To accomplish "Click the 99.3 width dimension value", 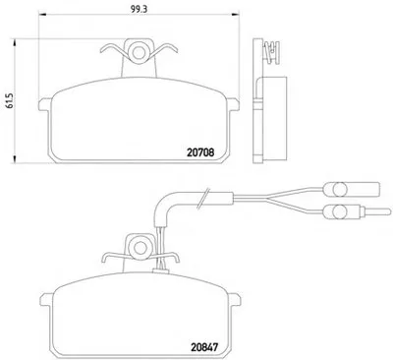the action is pos(139,9).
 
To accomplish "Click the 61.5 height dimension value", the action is pos(9,101).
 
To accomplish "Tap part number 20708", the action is pos(200,152).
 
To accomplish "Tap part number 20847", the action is pos(203,347).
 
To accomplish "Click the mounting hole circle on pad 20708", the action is pos(139,52).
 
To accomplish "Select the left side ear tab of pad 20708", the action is pos(45,104).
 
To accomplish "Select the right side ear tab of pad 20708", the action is pos(233,104).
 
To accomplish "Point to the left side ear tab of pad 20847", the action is pos(47,299).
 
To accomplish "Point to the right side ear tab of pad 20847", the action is pos(235,299).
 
